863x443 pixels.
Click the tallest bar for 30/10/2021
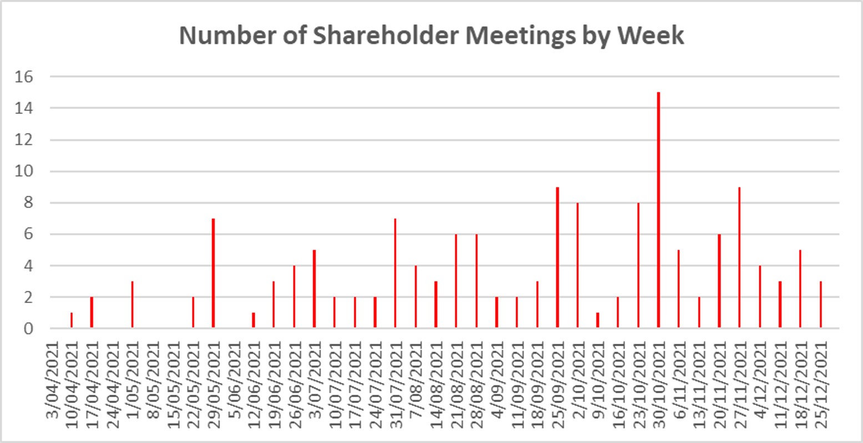pos(658,210)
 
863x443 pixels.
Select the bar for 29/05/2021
pos(213,273)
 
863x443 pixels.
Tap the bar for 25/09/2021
pos(557,258)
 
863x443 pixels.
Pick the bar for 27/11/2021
pos(739,258)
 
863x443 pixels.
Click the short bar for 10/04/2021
pos(72,320)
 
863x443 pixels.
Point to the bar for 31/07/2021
pos(395,273)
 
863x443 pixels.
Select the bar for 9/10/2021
pos(598,320)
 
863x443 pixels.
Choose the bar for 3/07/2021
pos(314,289)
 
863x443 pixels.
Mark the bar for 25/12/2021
pos(820,305)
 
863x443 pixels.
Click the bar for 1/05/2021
pos(132,305)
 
